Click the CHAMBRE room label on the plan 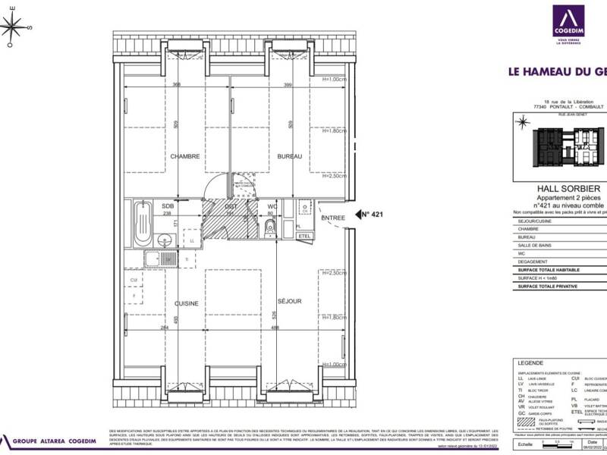point(185,156)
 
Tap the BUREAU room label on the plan point(289,156)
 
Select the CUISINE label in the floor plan point(187,303)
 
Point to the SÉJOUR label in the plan point(289,301)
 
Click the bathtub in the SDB point(142,223)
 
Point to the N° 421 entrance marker point(369,215)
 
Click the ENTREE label point(333,218)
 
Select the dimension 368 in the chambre point(176,85)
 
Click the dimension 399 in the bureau point(288,85)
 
